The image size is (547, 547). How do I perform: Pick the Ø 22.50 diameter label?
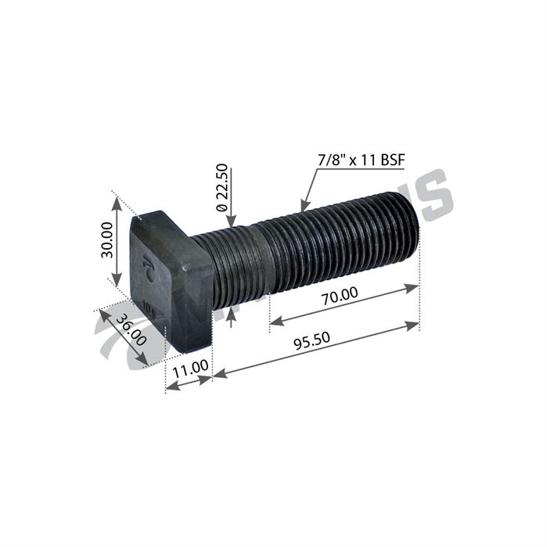pyautogui.click(x=221, y=186)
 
